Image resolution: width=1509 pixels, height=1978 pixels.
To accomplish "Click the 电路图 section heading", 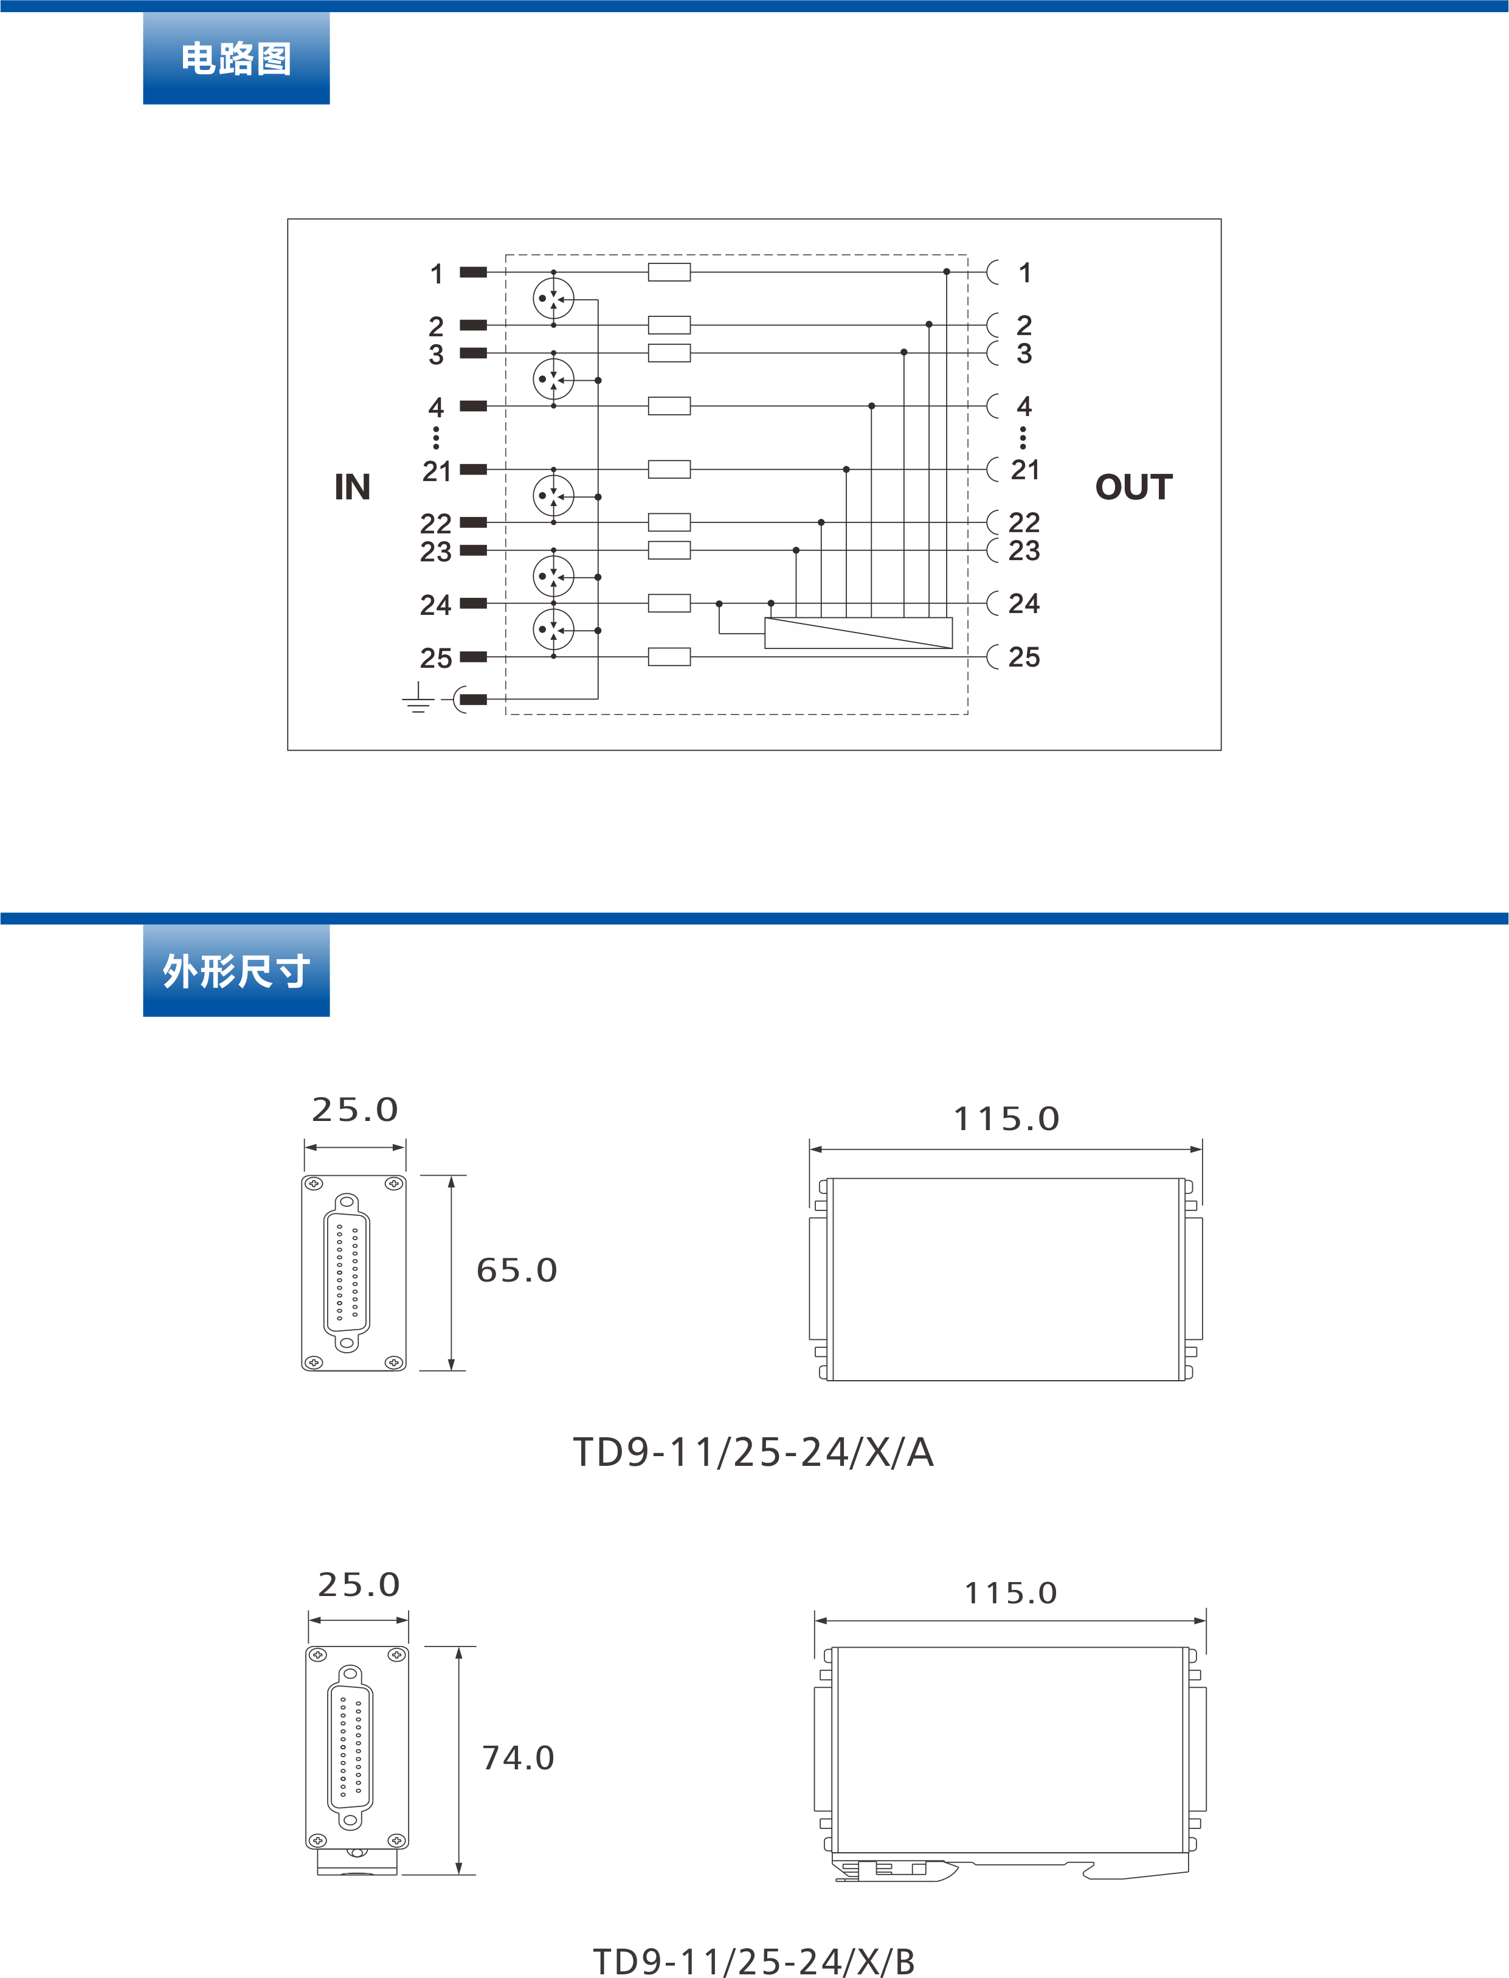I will click(237, 58).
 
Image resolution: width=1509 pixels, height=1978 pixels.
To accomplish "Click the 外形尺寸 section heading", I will click(237, 971).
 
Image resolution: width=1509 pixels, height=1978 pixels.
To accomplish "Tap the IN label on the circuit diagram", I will click(352, 487).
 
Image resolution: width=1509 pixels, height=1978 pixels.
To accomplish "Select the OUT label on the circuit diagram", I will click(1133, 487).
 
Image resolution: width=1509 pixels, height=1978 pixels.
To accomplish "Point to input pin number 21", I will click(437, 470).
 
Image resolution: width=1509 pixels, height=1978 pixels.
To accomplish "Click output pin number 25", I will click(1023, 657).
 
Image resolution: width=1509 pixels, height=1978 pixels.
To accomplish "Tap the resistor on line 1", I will click(669, 271).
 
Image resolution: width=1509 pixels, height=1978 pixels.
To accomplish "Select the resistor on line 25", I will click(669, 657).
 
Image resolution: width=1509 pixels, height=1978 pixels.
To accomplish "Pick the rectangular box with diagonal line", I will click(858, 633).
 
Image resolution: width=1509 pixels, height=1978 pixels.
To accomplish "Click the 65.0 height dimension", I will click(516, 1270).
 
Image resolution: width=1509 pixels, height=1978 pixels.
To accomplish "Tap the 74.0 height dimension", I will click(518, 1758).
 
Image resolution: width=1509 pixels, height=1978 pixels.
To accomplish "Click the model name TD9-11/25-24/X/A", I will click(754, 1452).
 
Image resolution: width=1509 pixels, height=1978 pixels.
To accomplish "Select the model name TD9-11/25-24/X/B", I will click(754, 1961).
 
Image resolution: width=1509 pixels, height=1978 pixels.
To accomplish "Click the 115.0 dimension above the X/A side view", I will click(1006, 1119).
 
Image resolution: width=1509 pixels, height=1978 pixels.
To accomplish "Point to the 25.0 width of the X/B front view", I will click(358, 1584).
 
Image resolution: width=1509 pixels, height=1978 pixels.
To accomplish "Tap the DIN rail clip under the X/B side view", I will click(898, 1869).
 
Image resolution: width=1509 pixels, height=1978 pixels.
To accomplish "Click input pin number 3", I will click(437, 354).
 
